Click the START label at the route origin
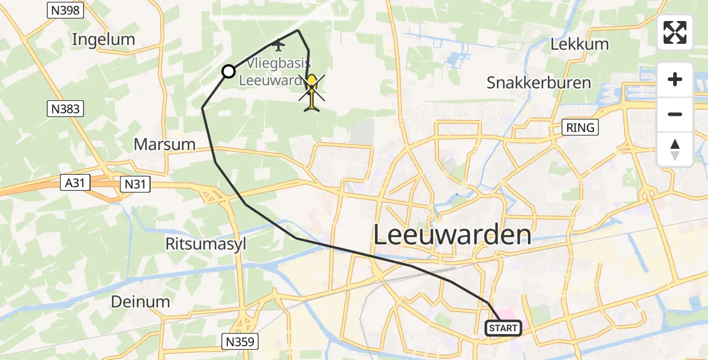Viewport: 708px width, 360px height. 503,328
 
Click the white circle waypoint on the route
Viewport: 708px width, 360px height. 229,72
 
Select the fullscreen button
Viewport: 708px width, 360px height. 675,32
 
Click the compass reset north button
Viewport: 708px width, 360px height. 675,149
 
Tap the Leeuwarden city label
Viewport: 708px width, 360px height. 452,235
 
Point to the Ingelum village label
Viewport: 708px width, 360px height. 103,40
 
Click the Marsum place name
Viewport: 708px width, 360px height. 164,144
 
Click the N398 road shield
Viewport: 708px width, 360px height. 65,10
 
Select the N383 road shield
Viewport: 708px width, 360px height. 65,109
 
